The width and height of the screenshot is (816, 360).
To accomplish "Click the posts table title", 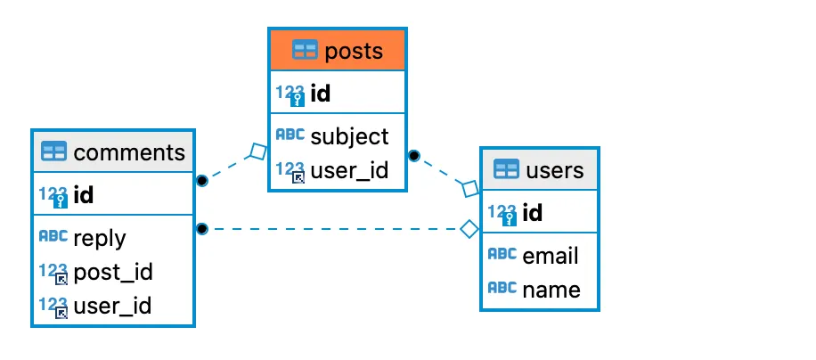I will [x=354, y=51].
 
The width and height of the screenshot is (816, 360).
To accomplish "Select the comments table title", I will [x=129, y=151].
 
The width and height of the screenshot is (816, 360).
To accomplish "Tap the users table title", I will [x=555, y=169].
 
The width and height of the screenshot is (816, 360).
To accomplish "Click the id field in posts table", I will [x=321, y=94].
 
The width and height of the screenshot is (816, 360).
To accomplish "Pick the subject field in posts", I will [x=349, y=136].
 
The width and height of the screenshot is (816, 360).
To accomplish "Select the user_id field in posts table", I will [x=349, y=170].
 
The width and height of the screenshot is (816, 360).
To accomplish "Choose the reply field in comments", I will [x=99, y=238].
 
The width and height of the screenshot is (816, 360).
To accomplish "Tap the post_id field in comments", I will [x=112, y=272].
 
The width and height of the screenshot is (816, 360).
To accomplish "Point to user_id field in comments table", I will [x=112, y=306].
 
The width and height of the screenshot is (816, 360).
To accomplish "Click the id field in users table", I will [x=533, y=212].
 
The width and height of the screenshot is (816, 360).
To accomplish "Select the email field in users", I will [x=551, y=256].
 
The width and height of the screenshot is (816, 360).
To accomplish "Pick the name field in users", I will [x=551, y=290].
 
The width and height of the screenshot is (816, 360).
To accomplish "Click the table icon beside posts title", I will [x=305, y=51].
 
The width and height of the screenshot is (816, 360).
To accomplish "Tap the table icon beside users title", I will [x=506, y=169].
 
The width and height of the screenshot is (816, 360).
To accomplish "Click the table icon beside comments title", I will [x=54, y=151].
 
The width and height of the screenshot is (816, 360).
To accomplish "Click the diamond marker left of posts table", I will [x=257, y=151].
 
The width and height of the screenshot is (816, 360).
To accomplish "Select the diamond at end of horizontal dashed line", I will [x=469, y=230].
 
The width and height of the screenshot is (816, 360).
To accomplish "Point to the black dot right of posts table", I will [x=413, y=156].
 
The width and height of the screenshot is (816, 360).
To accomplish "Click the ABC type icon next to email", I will [x=502, y=255].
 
